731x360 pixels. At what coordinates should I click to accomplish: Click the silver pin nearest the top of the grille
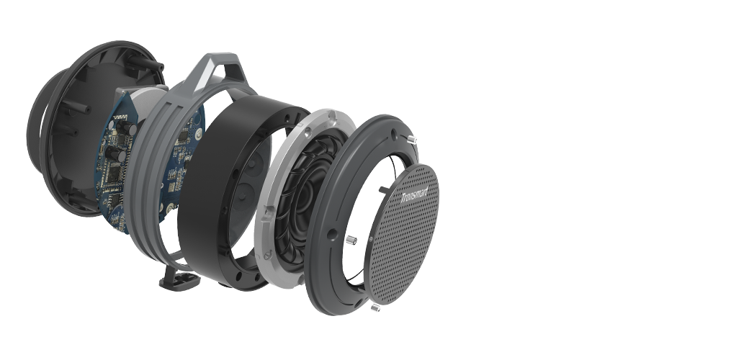pos(411,139)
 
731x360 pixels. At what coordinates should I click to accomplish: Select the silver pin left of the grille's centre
pos(351,240)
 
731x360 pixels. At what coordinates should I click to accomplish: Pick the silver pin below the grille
pos(375,307)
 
